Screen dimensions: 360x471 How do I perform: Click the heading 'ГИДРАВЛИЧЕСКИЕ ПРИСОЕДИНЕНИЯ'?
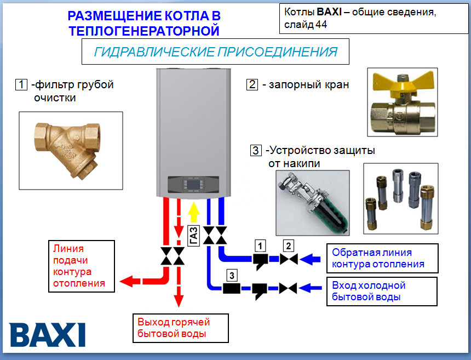click(215, 52)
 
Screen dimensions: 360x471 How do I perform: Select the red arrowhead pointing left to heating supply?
click(129, 281)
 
